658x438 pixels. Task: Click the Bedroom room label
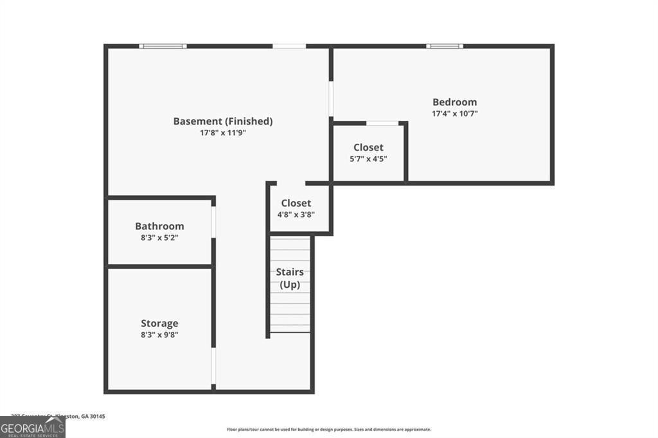click(x=454, y=101)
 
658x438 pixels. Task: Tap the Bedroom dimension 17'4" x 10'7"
click(x=454, y=114)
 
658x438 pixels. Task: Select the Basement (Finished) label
click(x=223, y=121)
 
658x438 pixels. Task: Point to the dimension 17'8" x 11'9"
click(x=223, y=133)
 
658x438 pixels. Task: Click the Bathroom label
click(x=159, y=226)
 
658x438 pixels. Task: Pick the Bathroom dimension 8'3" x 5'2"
click(x=159, y=238)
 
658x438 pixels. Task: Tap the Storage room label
click(x=159, y=323)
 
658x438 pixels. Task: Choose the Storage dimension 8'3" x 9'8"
click(x=159, y=335)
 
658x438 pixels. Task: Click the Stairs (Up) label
click(x=290, y=278)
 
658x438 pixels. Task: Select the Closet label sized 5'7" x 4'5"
click(x=368, y=148)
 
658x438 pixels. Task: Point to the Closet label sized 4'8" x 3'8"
click(x=296, y=203)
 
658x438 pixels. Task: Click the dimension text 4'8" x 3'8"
click(x=296, y=215)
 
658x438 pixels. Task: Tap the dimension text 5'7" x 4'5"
click(x=368, y=159)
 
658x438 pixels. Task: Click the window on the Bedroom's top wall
click(x=444, y=46)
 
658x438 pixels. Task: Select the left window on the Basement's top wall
click(x=163, y=46)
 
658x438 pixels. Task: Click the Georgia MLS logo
click(x=32, y=427)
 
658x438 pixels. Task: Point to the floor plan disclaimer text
click(x=328, y=430)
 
